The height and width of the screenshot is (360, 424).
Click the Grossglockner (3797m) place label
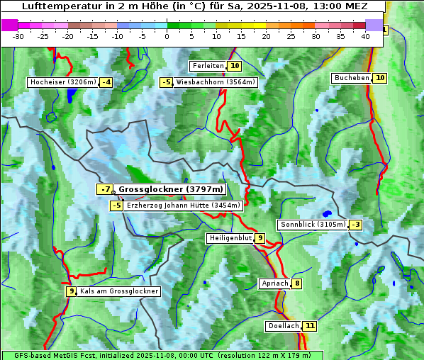[x=170, y=190]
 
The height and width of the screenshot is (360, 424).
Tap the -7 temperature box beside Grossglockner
[x=105, y=190]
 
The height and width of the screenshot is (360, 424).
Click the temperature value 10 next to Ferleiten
[x=235, y=66]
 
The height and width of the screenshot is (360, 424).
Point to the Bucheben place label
[x=352, y=78]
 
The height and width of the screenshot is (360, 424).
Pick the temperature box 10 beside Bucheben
[x=380, y=78]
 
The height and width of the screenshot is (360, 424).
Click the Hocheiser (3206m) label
[x=62, y=82]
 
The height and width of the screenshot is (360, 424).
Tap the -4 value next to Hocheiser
[x=106, y=82]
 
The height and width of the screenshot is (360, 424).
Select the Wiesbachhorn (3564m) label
[x=216, y=82]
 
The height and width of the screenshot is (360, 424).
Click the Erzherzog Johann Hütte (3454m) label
[x=184, y=206]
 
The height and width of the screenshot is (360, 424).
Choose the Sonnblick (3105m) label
[x=313, y=225]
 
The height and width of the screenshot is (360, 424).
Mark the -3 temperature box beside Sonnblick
[x=356, y=225]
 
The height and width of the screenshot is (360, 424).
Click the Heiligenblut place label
[x=230, y=238]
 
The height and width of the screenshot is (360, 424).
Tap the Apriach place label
[x=274, y=283]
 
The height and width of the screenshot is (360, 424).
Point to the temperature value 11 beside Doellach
[x=309, y=326]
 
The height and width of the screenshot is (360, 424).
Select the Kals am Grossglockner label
[x=119, y=291]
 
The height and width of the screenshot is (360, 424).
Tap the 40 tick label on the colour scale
[x=365, y=35]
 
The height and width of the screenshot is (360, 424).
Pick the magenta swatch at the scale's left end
[x=9, y=25]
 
